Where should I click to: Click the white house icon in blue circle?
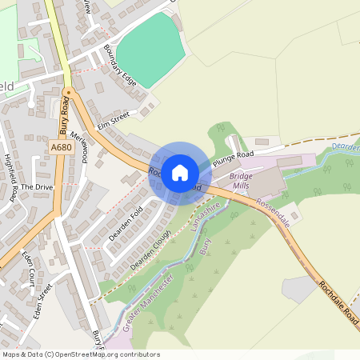pyautogui.click(x=180, y=172)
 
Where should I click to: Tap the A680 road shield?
pyautogui.click(x=60, y=148)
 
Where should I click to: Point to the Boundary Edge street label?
pyautogui.click(x=120, y=66)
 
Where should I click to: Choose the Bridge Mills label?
pyautogui.click(x=240, y=180)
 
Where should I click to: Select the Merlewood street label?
pyautogui.click(x=78, y=146)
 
